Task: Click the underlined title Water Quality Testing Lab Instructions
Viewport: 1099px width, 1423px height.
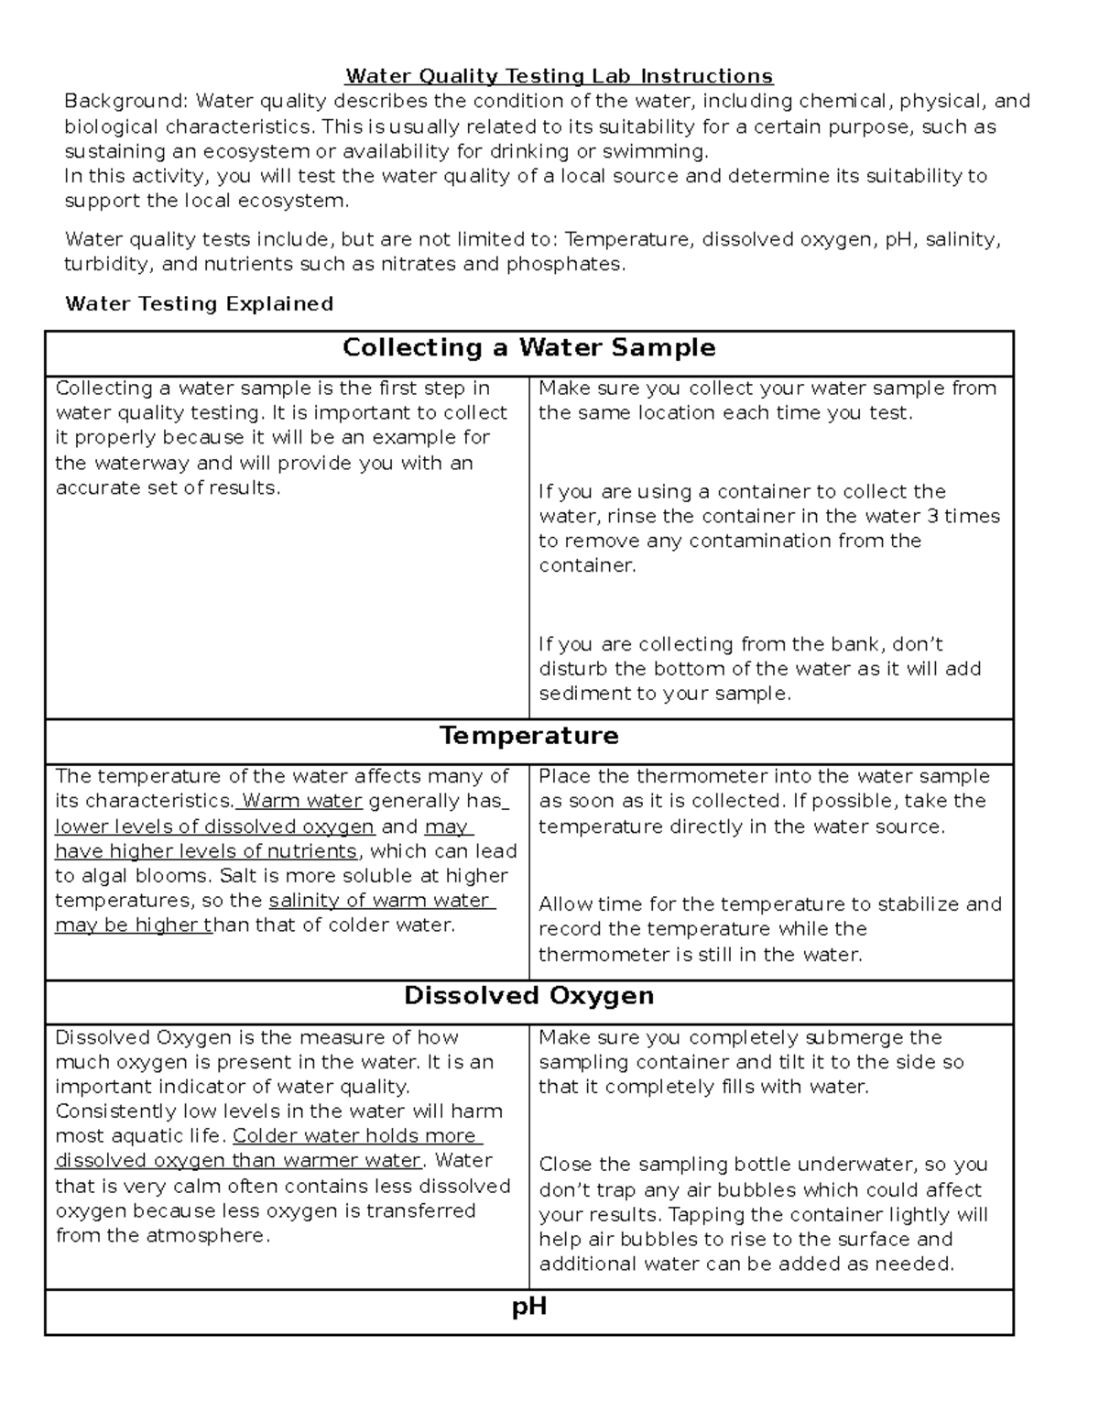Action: (x=559, y=76)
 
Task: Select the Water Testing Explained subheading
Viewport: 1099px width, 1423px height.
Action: (x=199, y=303)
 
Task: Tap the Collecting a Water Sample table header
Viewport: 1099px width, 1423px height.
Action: (x=528, y=347)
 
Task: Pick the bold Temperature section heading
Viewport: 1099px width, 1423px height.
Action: (x=528, y=736)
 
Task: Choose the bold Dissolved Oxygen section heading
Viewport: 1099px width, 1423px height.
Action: (x=528, y=996)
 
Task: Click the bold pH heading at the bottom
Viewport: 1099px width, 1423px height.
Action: (x=528, y=1306)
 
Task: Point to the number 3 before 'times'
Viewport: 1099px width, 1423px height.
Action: (x=932, y=516)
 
